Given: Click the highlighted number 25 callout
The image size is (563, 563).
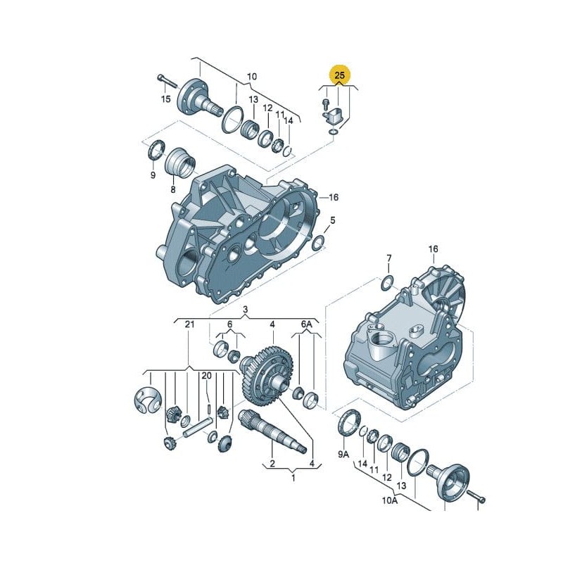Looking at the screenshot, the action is point(339,75).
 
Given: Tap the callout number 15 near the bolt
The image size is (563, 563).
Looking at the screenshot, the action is point(166,99).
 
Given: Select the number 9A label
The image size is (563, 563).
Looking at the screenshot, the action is point(343,454).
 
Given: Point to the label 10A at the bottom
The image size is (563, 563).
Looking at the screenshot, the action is point(390,500).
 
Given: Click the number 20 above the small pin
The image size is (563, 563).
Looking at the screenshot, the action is point(206,376).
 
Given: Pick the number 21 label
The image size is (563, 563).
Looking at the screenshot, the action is point(189,324).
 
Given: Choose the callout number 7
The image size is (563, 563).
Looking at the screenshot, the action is point(389,258).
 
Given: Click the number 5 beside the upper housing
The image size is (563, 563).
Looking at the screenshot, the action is point(332,220).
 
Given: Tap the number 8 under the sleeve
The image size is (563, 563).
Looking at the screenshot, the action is point(173,189).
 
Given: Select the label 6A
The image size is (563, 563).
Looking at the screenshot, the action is point(306,324).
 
